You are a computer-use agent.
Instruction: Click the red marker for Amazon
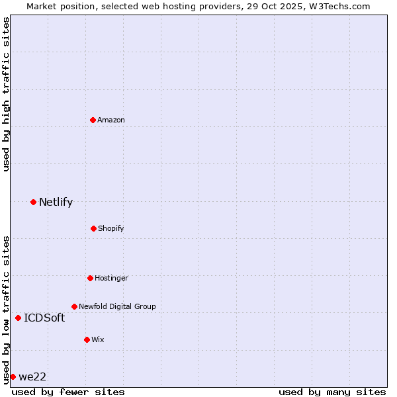coord(93,120)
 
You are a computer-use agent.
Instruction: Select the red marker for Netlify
coord(33,202)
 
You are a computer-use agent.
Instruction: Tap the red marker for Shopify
coord(93,228)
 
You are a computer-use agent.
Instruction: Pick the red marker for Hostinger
coord(90,278)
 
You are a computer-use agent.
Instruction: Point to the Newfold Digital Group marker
coord(74,306)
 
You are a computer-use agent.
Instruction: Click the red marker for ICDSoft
coord(18,318)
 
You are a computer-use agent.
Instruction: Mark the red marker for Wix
coord(87,339)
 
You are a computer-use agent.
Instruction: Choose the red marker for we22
coord(13,376)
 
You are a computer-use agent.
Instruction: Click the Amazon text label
coord(111,120)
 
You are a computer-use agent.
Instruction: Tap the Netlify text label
coord(56,202)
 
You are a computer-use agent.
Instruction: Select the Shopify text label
coord(111,228)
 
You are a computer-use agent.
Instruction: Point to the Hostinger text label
coord(111,278)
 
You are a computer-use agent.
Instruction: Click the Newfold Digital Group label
coord(117,306)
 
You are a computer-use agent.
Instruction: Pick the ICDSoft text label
coord(44,318)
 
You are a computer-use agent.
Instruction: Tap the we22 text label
coord(32,377)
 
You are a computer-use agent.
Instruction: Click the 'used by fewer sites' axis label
coord(68,392)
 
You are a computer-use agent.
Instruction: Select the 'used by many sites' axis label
coord(332,392)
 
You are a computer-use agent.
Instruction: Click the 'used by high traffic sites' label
coord(6,94)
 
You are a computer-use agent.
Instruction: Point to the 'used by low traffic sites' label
coord(6,309)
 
